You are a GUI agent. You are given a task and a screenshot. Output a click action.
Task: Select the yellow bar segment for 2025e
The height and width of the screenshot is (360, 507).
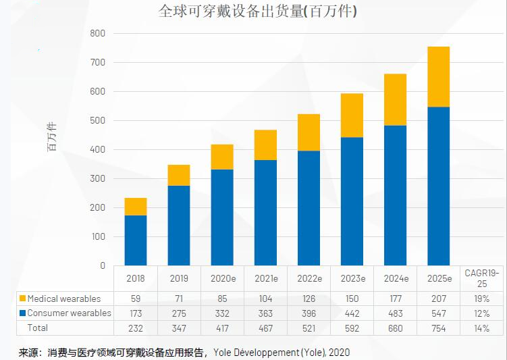tap(438, 76)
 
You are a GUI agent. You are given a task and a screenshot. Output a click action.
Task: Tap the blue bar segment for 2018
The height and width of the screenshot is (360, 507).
tap(136, 240)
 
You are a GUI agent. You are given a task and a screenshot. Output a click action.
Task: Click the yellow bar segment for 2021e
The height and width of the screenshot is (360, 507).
tap(265, 145)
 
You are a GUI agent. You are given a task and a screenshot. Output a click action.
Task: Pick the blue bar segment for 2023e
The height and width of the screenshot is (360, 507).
tap(352, 201)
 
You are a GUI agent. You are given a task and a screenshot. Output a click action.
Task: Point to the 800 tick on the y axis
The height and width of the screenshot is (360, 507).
tap(98, 33)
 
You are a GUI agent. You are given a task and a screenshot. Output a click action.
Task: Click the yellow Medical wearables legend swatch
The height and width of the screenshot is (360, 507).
tap(22, 299)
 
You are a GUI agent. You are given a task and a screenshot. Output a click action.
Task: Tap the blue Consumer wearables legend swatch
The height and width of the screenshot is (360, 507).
tap(22, 313)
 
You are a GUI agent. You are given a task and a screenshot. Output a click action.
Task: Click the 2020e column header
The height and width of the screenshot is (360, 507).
tap(222, 278)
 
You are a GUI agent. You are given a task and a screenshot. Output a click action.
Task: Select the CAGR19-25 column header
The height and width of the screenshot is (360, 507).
tap(481, 278)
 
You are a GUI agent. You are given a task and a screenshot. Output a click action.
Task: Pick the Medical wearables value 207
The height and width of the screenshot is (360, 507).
tap(438, 299)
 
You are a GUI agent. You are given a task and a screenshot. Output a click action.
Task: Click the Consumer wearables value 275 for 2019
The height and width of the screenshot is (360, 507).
tap(179, 313)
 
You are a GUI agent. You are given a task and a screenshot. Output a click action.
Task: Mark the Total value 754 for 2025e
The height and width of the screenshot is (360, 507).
tap(438, 328)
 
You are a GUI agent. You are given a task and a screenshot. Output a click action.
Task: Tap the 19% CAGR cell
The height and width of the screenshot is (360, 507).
tap(481, 299)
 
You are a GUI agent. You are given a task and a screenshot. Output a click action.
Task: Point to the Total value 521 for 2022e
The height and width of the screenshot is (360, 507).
tap(309, 328)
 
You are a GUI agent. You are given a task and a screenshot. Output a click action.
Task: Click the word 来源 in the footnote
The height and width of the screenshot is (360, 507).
tap(29, 352)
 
